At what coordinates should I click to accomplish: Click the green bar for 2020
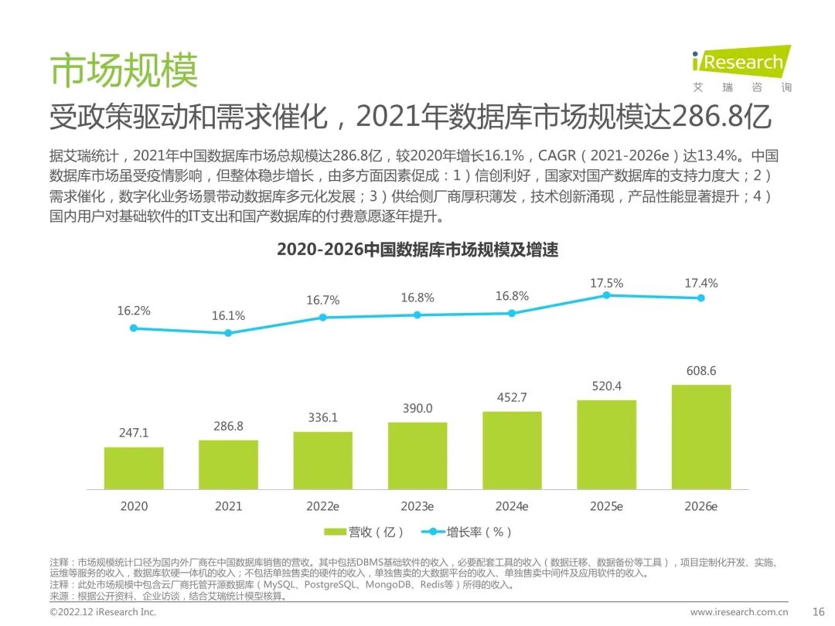point(134,468)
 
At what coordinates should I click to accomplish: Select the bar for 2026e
point(701,437)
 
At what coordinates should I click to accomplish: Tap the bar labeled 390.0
point(417,455)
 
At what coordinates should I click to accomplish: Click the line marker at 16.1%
point(228,333)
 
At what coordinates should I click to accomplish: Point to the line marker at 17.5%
point(607,295)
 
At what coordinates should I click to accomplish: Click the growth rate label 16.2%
point(134,311)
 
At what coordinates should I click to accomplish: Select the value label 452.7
point(512,398)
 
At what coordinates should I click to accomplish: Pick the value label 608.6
point(701,372)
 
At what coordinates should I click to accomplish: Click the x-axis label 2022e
point(322,507)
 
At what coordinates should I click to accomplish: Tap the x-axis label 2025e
point(607,507)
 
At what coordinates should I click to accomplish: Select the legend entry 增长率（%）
point(467,532)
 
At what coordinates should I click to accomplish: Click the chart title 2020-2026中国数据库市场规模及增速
point(417,250)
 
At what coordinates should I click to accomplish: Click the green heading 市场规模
point(124,70)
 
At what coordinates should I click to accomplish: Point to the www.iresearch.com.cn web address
point(739,611)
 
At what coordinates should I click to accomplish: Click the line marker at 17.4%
point(701,298)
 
